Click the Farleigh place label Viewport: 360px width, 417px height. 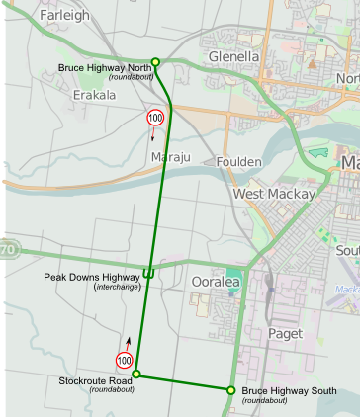click(65, 15)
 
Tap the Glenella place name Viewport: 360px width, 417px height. click(233, 57)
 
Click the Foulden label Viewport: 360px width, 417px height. click(238, 161)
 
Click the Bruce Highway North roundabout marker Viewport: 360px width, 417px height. click(155, 61)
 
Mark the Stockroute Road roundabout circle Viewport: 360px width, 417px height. click(136, 375)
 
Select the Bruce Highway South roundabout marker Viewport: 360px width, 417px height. click(231, 389)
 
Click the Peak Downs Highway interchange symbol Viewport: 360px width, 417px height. click(147, 272)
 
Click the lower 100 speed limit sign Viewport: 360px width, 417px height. click(125, 359)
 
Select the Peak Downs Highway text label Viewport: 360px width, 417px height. click(91, 277)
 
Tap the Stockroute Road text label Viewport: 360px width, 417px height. click(95, 380)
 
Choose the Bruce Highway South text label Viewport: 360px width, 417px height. click(287, 392)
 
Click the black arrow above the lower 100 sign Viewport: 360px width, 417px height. click(126, 342)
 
